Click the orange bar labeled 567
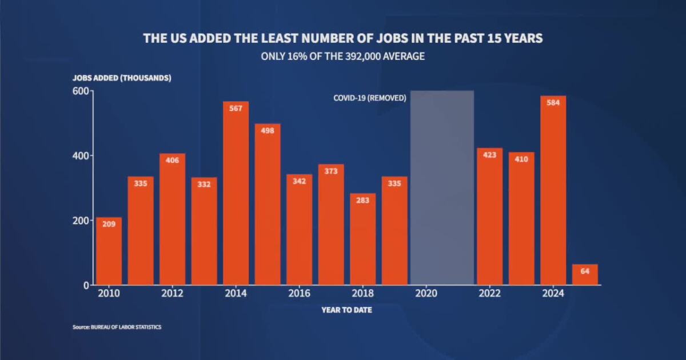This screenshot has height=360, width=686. point(236,194)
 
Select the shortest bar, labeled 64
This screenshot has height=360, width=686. point(585,275)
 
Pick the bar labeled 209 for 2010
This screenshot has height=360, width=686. point(109,251)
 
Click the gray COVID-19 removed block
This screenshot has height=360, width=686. point(442,189)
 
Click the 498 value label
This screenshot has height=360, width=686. point(268,130)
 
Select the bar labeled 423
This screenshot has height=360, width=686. point(489,217)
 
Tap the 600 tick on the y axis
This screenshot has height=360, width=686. point(81,91)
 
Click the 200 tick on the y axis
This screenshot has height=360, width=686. point(81,221)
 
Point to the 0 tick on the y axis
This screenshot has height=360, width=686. point(85,285)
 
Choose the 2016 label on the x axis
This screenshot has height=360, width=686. point(299,294)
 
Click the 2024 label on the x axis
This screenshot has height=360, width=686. point(553,294)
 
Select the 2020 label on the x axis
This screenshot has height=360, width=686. point(426,294)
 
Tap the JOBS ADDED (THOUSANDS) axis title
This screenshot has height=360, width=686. point(121,78)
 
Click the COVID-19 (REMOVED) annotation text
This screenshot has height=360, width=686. point(370,98)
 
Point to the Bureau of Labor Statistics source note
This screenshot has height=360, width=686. point(117,327)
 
